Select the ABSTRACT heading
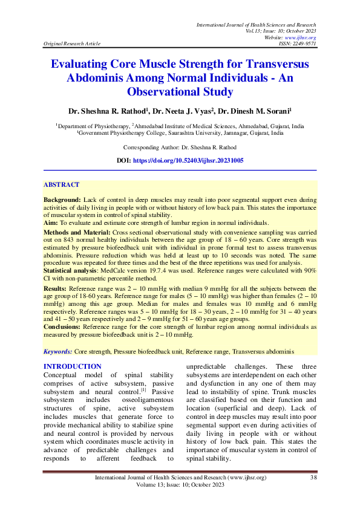[x=61, y=184]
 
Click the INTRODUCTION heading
[x=72, y=366]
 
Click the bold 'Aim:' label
[x=51, y=222]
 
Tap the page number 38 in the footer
[x=313, y=478]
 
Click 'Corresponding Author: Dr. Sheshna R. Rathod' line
[x=180, y=148]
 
